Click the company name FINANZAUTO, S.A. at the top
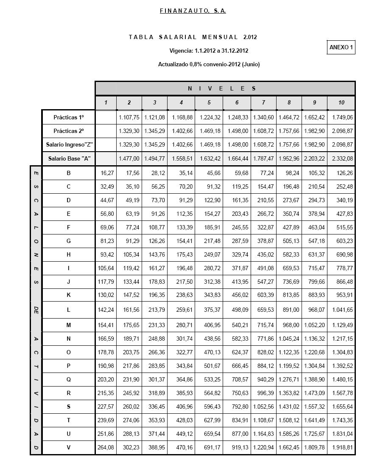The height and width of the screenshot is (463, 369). coord(193,11)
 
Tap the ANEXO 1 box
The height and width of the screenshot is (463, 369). coord(341,48)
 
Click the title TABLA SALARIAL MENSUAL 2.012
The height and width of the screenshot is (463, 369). coord(193,37)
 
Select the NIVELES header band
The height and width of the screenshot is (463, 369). coord(225,88)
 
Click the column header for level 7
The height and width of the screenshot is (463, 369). coord(263,102)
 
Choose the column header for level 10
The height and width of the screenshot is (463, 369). coord(341,102)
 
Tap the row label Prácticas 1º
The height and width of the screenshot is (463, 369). coord(69,117)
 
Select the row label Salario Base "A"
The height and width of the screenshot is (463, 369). coord(69,158)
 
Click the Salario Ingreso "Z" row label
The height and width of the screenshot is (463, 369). coord(69,145)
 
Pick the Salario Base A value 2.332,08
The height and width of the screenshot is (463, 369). coord(341,158)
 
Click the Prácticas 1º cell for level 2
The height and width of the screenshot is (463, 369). coord(129,117)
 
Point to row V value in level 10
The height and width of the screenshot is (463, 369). coord(341,448)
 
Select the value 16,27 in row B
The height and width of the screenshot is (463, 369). coord(106,173)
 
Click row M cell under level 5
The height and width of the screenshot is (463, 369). coord(209,325)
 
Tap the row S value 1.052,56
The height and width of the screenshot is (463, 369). coord(263,407)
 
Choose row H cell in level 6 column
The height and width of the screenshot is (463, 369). coord(237,255)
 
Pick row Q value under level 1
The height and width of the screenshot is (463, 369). coord(106,380)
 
